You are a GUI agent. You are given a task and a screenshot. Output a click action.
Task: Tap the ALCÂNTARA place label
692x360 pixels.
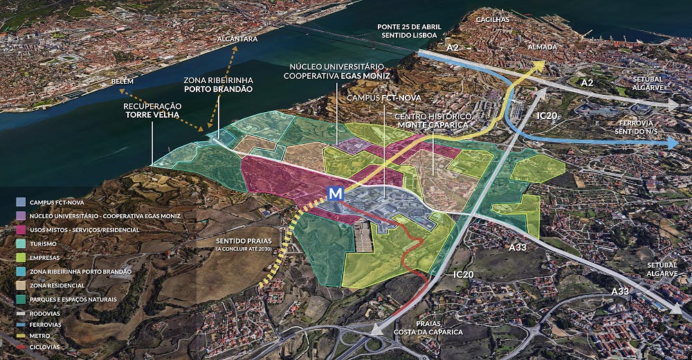click(237, 39)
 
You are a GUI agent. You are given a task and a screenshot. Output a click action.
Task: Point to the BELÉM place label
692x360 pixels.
click(122, 81)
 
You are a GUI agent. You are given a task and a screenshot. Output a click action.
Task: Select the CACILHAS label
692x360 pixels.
click(492, 20)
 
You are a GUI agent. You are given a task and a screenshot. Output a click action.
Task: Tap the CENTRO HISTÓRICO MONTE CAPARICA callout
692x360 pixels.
click(433, 120)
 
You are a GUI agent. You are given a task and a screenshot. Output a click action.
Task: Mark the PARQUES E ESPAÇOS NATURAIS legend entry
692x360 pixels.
click(73, 299)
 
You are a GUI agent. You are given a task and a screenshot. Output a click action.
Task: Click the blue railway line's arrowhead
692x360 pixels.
click(673, 143)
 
